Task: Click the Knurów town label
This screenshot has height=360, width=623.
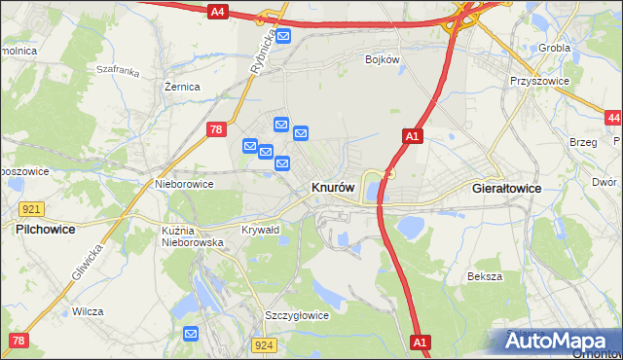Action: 332,187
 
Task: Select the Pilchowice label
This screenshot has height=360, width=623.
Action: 46,229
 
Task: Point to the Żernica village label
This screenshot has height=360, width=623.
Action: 182,87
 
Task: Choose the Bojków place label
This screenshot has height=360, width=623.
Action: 383,59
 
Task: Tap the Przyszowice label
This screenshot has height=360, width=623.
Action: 538,82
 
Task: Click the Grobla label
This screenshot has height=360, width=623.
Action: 554,47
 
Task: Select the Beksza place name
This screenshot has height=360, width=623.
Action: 484,276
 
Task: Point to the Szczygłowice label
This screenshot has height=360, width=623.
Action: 297,315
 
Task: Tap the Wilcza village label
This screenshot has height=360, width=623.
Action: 88,311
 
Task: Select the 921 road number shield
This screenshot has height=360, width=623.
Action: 30,209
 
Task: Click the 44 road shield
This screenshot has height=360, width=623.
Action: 612,118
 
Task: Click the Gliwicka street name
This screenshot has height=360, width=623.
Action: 87,262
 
